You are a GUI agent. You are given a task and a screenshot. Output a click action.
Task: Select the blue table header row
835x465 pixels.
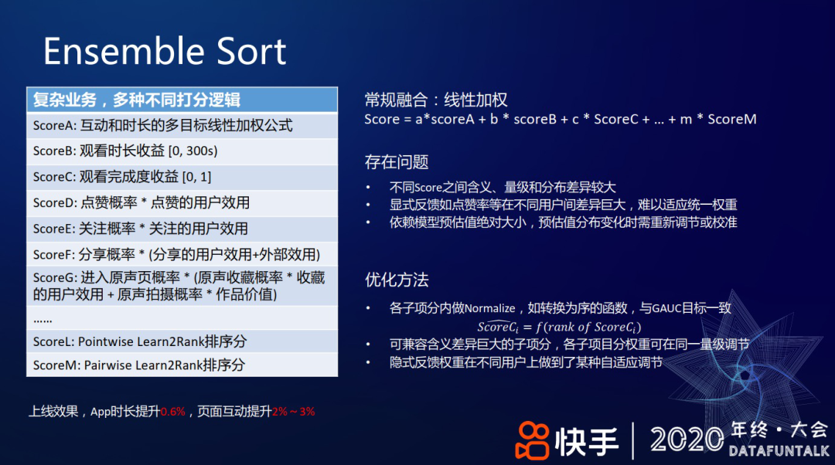tap(182, 100)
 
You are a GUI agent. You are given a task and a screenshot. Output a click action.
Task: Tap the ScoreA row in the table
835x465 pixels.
tap(182, 126)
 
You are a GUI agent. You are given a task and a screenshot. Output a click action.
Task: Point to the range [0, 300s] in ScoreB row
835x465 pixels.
tap(193, 151)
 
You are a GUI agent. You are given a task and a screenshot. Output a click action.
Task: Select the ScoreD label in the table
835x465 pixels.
tap(55, 202)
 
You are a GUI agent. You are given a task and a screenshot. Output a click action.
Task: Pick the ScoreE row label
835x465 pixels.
tap(54, 229)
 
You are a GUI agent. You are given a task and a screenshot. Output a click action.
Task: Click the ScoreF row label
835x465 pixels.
tap(54, 255)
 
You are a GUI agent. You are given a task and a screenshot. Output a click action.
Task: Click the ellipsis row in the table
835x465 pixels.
tap(182, 318)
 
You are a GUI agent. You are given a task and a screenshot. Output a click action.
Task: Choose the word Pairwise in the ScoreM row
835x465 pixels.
tap(108, 365)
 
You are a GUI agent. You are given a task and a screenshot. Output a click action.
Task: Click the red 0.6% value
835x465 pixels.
tap(173, 412)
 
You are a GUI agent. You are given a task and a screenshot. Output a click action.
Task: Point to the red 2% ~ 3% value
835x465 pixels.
tap(294, 412)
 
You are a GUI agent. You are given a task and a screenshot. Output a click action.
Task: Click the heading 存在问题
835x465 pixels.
tap(397, 161)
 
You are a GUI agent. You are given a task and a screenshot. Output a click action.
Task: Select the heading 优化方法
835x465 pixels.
tap(397, 280)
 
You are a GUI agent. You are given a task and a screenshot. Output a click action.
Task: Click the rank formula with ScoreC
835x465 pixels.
tap(559, 326)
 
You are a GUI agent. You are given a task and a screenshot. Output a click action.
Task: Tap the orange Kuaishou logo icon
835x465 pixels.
tap(532, 440)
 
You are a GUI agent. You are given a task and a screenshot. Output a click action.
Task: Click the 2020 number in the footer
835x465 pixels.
tap(687, 440)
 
